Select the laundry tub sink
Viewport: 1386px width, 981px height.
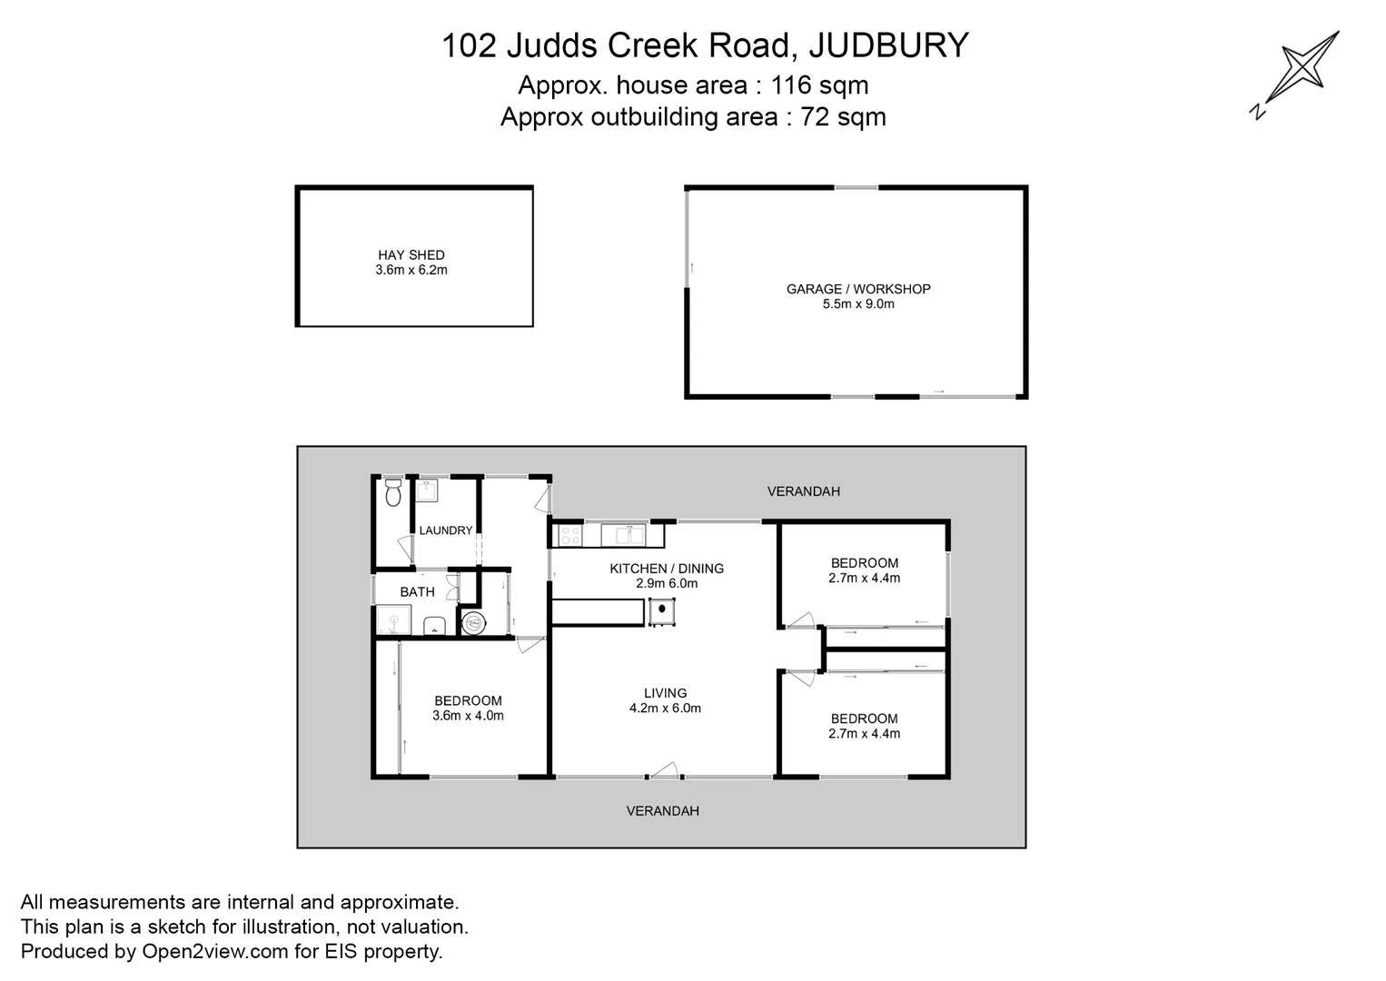[x=428, y=491]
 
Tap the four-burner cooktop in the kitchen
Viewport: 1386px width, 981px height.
[x=569, y=536]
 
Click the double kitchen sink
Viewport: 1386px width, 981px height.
[x=623, y=535]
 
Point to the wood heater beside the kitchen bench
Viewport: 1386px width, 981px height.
[x=661, y=612]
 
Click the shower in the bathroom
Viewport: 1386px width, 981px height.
[x=394, y=621]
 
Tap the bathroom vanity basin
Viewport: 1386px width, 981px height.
[x=434, y=625]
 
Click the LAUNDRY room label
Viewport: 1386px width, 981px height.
[x=445, y=530]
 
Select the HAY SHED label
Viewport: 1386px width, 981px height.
[x=411, y=255]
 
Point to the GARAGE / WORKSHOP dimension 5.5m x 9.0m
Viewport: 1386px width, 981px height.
[x=858, y=304]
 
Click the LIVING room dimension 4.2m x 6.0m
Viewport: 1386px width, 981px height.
[x=665, y=708]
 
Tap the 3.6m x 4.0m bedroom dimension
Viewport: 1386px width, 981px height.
[x=468, y=716]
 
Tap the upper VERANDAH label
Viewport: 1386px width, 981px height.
[x=803, y=491]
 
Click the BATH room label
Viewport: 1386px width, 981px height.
[x=417, y=592]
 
